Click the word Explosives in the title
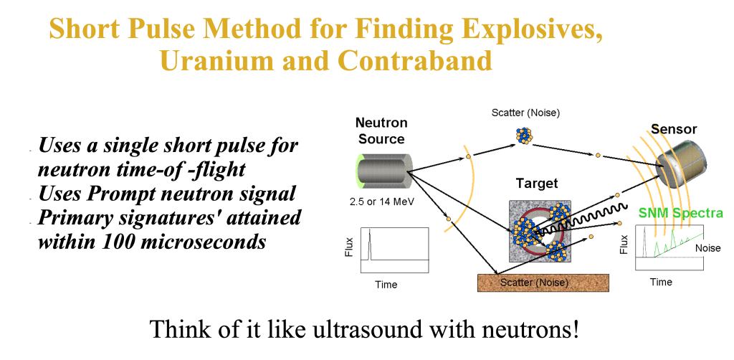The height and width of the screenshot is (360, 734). tap(532, 29)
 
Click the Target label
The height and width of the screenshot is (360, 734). tap(537, 183)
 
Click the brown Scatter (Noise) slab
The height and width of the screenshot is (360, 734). tap(543, 283)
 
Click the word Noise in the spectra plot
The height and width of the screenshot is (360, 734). tap(707, 248)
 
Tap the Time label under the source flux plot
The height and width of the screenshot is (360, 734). tap(386, 285)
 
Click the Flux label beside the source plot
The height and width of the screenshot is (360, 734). tap(348, 249)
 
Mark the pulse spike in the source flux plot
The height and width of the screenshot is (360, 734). tap(369, 243)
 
